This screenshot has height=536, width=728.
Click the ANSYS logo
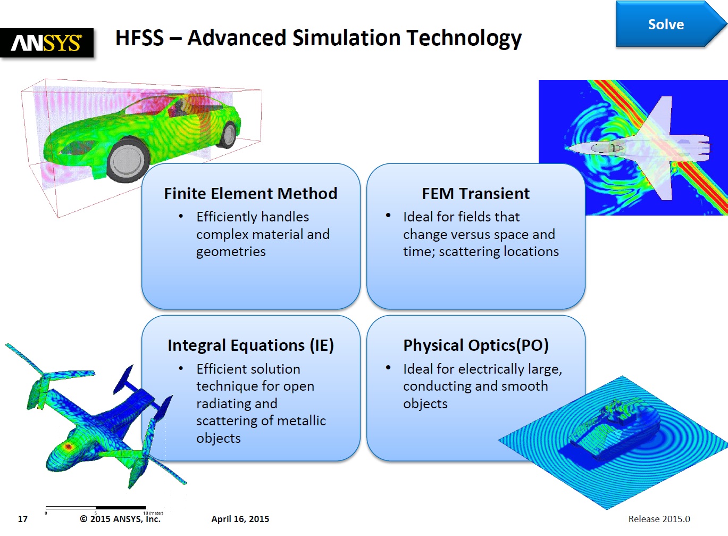coord(47,43)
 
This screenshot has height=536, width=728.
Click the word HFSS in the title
coord(139,38)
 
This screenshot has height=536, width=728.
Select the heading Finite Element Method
coord(250,194)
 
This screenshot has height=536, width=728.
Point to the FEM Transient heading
coord(476,194)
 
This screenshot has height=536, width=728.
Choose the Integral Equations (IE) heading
coord(250,345)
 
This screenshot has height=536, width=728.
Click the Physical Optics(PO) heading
coord(476,345)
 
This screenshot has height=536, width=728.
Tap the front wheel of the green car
coord(128,160)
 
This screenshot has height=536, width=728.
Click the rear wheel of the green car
coord(229,135)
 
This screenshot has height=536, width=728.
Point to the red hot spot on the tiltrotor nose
coord(68,446)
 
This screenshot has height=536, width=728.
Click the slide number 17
coord(22,519)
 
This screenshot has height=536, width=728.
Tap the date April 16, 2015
coord(240,519)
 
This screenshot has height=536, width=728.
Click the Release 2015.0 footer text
coord(659,519)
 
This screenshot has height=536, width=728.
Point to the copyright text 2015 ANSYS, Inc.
coord(120,519)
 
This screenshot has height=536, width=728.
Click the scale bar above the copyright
coord(96,508)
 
